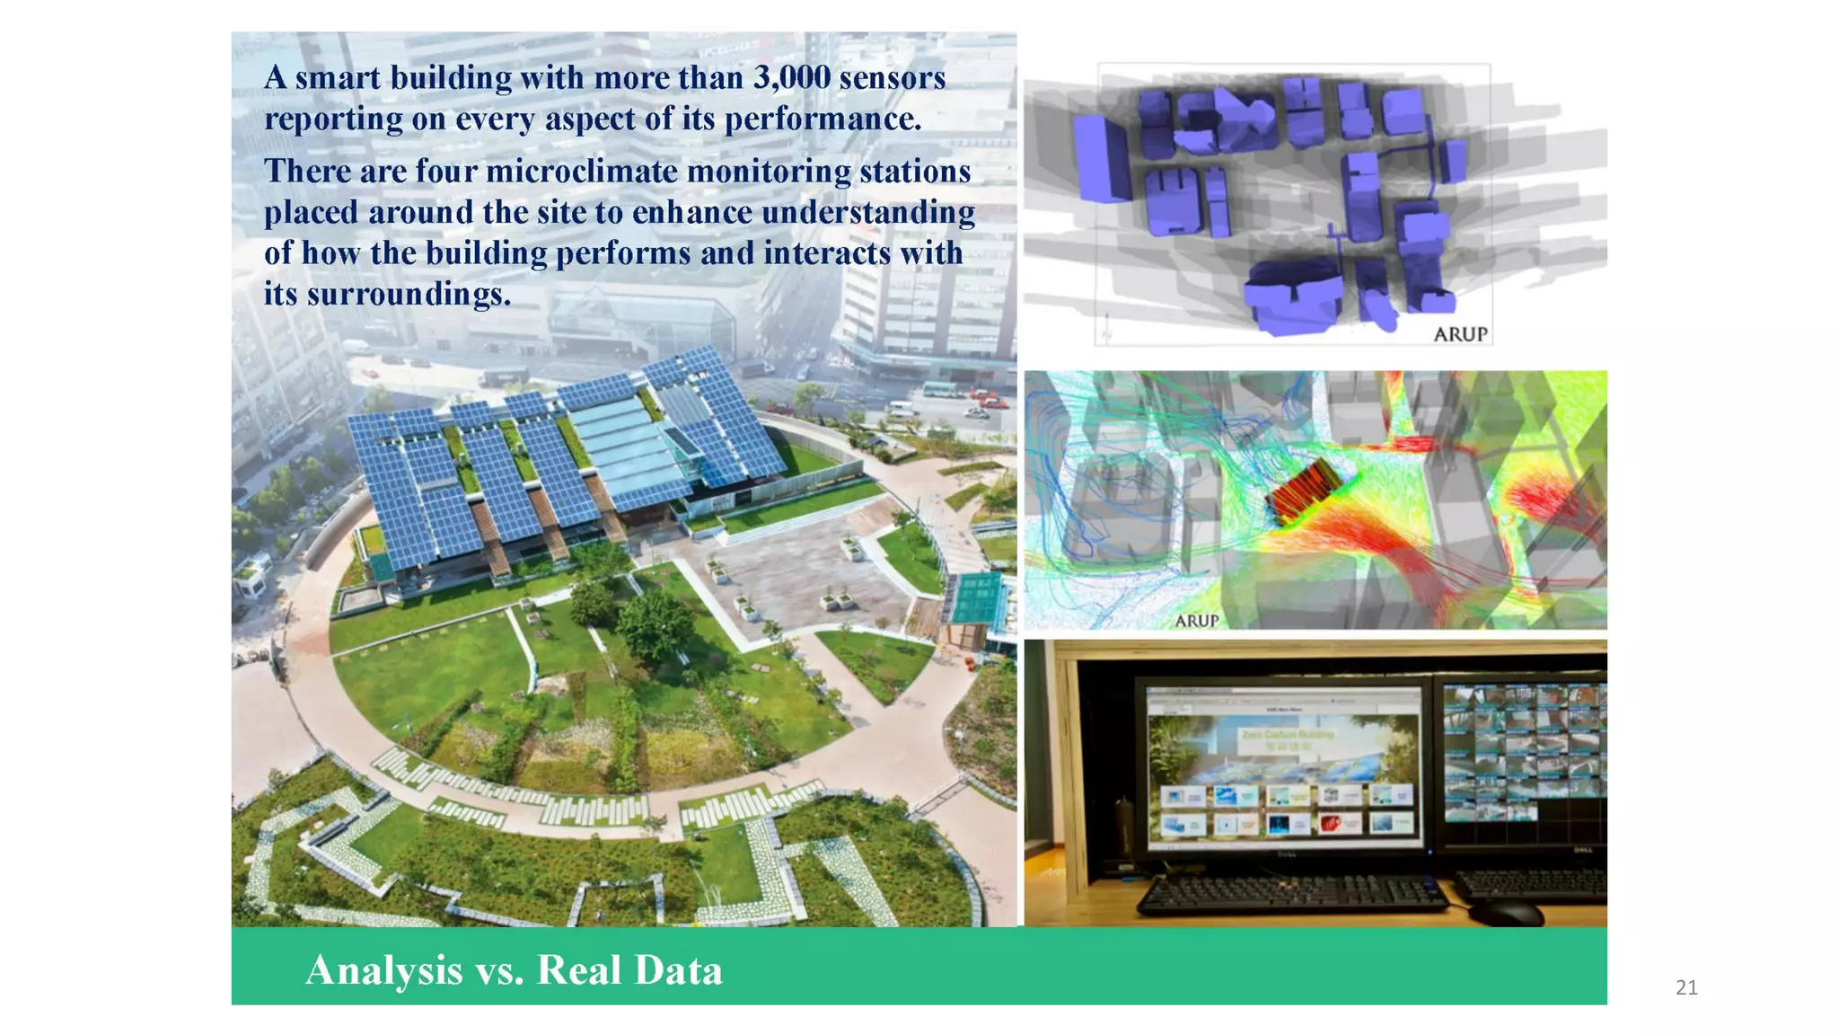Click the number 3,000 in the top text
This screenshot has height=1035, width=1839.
coord(791,78)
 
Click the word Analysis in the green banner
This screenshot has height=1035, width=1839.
coord(383,970)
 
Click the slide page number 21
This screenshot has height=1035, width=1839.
coord(1686,988)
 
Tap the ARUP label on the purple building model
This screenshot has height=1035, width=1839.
coord(1460,334)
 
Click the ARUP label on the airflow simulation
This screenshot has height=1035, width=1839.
coord(1196,621)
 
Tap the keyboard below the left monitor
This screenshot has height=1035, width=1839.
coord(1293,894)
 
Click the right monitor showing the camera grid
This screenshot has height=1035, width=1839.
coord(1524,753)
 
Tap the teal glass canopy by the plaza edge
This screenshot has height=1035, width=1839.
coord(977,597)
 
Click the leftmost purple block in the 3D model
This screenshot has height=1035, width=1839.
coord(1101,158)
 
